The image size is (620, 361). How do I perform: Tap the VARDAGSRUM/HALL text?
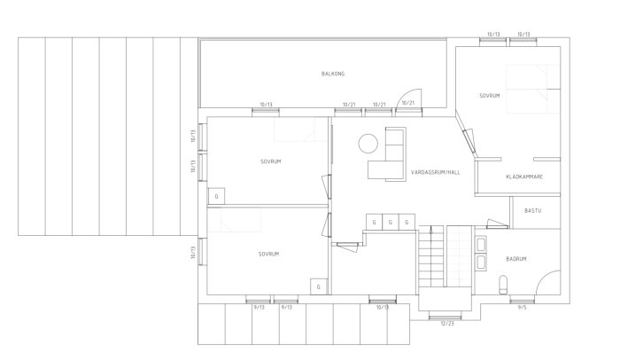point(436,171)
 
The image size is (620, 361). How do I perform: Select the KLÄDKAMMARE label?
point(523,177)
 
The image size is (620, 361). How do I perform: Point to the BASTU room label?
point(532,211)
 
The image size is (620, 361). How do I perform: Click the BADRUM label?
point(516,259)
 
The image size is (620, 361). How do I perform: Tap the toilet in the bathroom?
point(503,284)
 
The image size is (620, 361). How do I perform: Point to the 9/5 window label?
point(521,307)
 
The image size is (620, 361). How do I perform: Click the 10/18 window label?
point(382,307)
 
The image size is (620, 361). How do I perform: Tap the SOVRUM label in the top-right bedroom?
point(490,95)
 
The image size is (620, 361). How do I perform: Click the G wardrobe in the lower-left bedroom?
point(319,286)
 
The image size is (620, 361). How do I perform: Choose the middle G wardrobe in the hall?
point(391,222)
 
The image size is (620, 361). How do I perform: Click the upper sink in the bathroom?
point(481,244)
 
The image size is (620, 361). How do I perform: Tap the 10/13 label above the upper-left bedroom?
point(264,103)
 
